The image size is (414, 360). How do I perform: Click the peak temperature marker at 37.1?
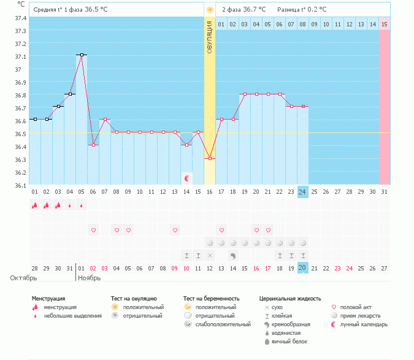pos(81,55)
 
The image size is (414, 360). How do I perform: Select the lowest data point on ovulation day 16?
pos(210,158)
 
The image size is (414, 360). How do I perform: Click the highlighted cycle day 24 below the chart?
pos(302,192)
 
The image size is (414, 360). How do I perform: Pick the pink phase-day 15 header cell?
pos(384,24)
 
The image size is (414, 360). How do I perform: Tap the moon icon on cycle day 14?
pos(187,178)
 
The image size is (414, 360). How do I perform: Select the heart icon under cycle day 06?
pos(94,231)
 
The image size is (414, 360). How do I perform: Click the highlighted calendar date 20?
pos(302,268)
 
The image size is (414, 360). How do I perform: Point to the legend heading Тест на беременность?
pos(212,299)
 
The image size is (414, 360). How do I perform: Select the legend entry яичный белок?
pos(288,341)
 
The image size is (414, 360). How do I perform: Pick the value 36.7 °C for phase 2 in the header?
pos(254,10)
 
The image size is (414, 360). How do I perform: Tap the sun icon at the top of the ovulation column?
pos(210,10)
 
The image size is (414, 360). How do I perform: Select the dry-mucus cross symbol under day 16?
pos(210,255)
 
